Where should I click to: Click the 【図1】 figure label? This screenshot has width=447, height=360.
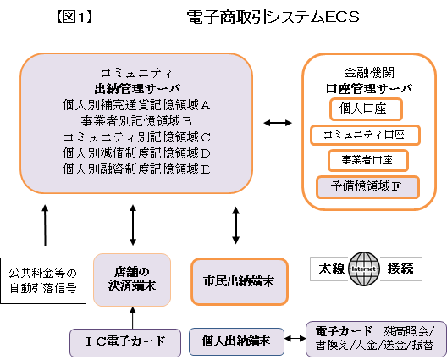tap(74, 17)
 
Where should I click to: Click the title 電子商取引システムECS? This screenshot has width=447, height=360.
tap(273, 17)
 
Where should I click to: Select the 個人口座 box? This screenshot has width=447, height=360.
tap(366, 109)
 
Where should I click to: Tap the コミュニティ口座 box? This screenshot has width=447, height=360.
tap(365, 135)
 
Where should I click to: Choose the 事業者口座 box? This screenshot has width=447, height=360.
tap(368, 160)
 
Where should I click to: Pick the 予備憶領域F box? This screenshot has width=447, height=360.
tap(367, 187)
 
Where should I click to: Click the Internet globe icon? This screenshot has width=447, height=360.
tap(364, 269)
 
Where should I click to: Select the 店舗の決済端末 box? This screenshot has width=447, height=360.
tap(132, 280)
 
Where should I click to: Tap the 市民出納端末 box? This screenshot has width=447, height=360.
tap(240, 281)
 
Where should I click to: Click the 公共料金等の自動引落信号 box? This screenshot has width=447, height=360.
tap(43, 280)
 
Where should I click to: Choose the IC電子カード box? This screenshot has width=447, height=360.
tap(125, 342)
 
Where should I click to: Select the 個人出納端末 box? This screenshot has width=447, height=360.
tap(236, 341)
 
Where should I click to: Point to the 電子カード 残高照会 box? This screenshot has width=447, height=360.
tap(376, 339)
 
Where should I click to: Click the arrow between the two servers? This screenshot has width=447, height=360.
tap(278, 123)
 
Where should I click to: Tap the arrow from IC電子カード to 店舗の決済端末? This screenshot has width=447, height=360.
tap(132, 318)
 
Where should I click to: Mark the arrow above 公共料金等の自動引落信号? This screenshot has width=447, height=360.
tap(45, 224)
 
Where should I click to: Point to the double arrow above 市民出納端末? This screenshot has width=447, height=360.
tap(235, 225)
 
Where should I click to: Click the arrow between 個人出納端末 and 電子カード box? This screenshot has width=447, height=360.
tap(295, 339)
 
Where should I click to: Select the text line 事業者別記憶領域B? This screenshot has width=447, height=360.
tap(136, 121)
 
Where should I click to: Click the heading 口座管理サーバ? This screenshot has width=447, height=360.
tap(369, 89)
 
